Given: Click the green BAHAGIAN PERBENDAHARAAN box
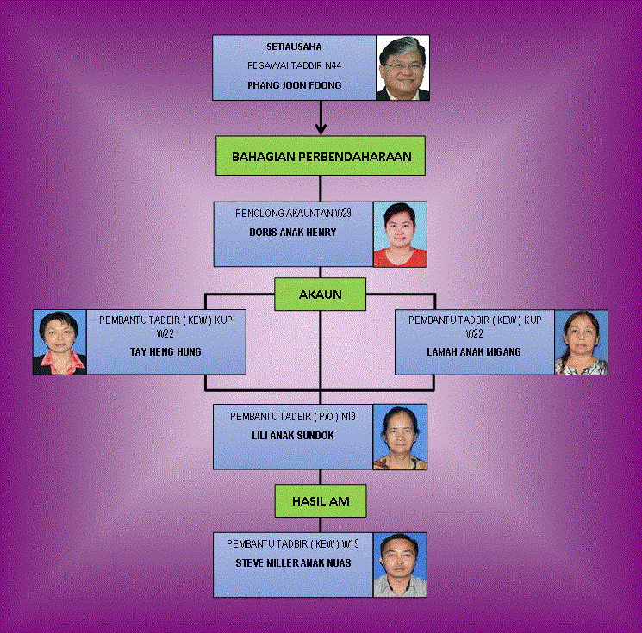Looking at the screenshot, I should [321, 157].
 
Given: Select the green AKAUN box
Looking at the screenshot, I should [320, 295].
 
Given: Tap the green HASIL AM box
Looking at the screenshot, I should [320, 500].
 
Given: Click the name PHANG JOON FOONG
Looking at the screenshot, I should [295, 86].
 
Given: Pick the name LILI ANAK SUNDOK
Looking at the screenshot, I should [294, 436].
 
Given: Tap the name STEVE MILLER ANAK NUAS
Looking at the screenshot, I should [294, 564].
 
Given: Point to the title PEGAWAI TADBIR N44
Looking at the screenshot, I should [295, 66].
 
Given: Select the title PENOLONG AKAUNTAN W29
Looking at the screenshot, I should [293, 213].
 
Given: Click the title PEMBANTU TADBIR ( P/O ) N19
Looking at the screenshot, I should [294, 417].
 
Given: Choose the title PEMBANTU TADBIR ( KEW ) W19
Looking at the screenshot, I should [294, 544].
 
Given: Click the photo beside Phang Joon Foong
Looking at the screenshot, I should [402, 68].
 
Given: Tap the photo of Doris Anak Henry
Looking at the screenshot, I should [400, 234].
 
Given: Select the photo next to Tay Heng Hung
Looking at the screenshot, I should [59, 343].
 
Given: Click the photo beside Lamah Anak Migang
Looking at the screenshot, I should [581, 343].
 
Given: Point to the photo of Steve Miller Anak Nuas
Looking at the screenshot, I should [400, 565].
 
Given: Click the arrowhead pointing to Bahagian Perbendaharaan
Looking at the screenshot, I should [321, 129].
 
